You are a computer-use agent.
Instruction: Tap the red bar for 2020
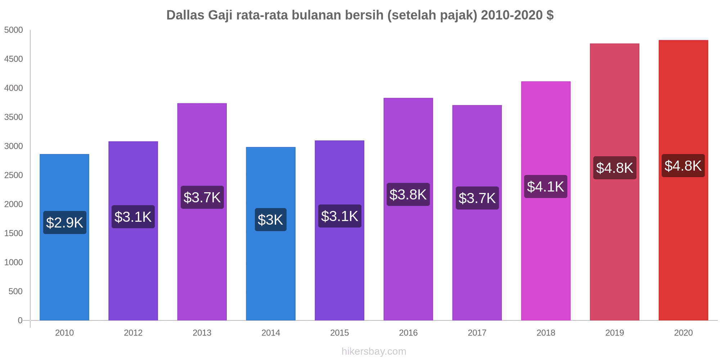[x=683, y=234]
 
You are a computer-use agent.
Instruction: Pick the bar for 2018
[x=545, y=252]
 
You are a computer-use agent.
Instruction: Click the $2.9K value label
[x=65, y=222]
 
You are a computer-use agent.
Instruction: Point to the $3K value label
[x=271, y=220]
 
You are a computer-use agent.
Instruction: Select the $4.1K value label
[x=545, y=186]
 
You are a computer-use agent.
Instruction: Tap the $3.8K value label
[x=408, y=194]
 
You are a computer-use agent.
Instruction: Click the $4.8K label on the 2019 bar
[x=615, y=168]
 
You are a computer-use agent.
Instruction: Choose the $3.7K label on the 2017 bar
[x=477, y=198]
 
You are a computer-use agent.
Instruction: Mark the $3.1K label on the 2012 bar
[x=133, y=217]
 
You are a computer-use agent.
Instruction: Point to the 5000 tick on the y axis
[x=14, y=30]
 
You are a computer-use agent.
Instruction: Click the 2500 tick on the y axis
[x=14, y=175]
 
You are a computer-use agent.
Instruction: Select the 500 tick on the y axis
[x=16, y=291]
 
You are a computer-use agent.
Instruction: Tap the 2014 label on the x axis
[x=271, y=333]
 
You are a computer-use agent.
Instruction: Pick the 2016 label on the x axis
[x=408, y=333]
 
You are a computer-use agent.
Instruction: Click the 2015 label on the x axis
[x=339, y=333]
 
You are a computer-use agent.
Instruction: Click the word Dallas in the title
[x=185, y=15]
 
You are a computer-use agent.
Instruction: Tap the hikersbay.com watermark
[x=374, y=351]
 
